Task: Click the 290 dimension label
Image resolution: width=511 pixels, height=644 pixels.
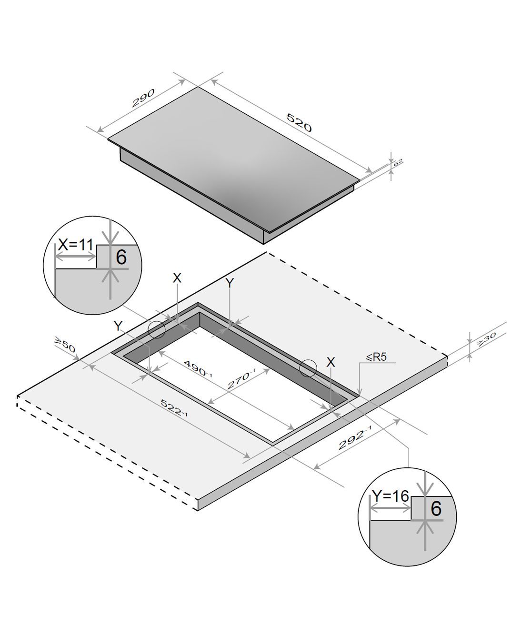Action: tap(143, 98)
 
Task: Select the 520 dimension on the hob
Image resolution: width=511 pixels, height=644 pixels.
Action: tap(299, 122)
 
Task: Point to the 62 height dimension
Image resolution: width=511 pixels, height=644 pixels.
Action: tap(398, 163)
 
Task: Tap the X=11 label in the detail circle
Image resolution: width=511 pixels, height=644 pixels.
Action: tap(76, 245)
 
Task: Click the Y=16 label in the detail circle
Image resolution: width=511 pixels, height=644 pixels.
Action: tap(391, 496)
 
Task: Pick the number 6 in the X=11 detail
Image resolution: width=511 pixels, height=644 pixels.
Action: tap(121, 257)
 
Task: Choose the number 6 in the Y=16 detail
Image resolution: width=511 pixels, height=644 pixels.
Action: tap(436, 508)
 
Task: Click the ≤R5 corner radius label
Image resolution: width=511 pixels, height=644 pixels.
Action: tap(377, 357)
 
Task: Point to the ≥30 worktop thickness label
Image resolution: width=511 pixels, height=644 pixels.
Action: tap(486, 339)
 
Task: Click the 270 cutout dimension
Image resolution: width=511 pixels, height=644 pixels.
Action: tap(241, 379)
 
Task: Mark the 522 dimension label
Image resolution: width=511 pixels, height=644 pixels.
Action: tap(174, 408)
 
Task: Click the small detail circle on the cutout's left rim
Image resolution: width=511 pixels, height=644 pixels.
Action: tap(157, 330)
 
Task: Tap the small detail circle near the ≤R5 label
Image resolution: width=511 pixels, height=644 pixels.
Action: tap(308, 368)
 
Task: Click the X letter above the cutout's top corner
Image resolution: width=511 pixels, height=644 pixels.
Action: tap(177, 278)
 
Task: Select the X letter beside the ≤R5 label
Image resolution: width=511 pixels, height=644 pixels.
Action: tap(331, 362)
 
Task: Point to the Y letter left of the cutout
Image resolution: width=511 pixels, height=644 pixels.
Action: tap(119, 326)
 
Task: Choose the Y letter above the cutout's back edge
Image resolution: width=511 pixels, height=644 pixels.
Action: tap(230, 283)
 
